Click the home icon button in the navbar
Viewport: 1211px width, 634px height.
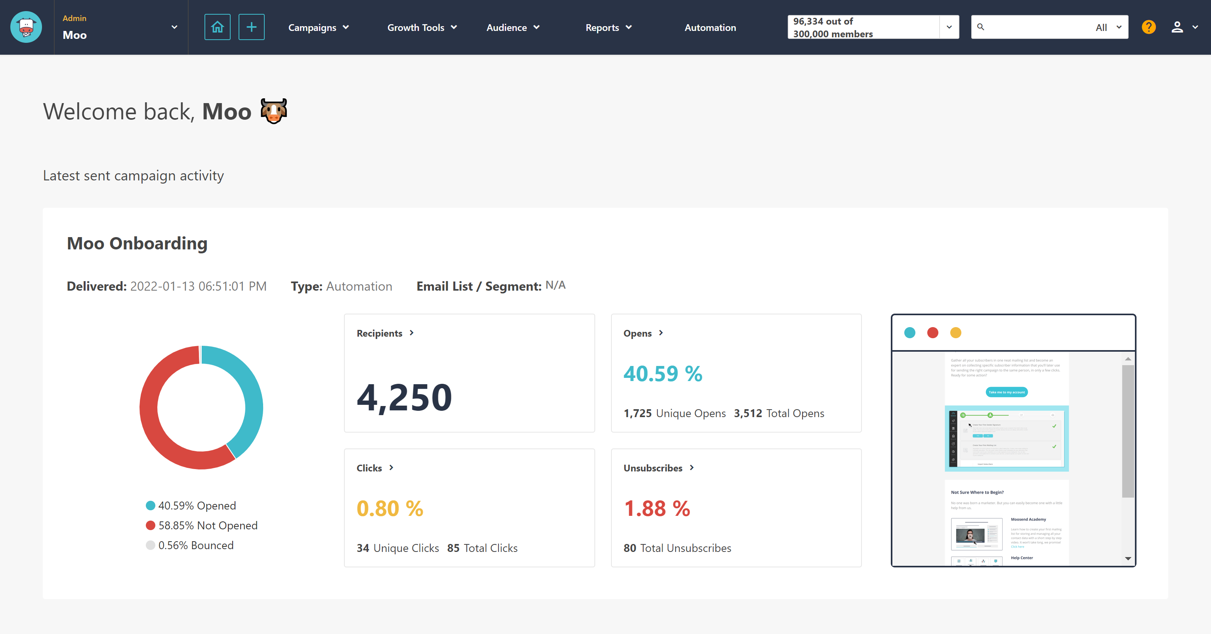[x=217, y=27]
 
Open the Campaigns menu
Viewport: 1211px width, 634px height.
[x=318, y=28]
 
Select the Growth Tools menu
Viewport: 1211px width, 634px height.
[x=422, y=28]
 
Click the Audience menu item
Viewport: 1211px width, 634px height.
[x=512, y=28]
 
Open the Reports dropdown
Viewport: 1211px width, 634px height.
[x=608, y=28]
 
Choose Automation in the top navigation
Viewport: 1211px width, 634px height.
[x=710, y=28]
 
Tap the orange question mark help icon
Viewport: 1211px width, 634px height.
[x=1148, y=27]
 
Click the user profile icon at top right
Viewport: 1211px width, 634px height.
[x=1177, y=27]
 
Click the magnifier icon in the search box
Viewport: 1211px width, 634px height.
[x=981, y=27]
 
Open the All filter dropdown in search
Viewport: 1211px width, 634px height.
[x=1108, y=27]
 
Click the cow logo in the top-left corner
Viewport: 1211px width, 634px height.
[x=26, y=27]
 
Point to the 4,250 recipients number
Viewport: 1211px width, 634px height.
[x=404, y=397]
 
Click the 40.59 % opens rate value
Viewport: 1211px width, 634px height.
[x=663, y=374]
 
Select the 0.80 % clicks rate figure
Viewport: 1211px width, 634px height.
[x=390, y=508]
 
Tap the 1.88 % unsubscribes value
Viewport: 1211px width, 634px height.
[x=657, y=508]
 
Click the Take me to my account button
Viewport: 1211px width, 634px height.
[x=1006, y=392]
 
